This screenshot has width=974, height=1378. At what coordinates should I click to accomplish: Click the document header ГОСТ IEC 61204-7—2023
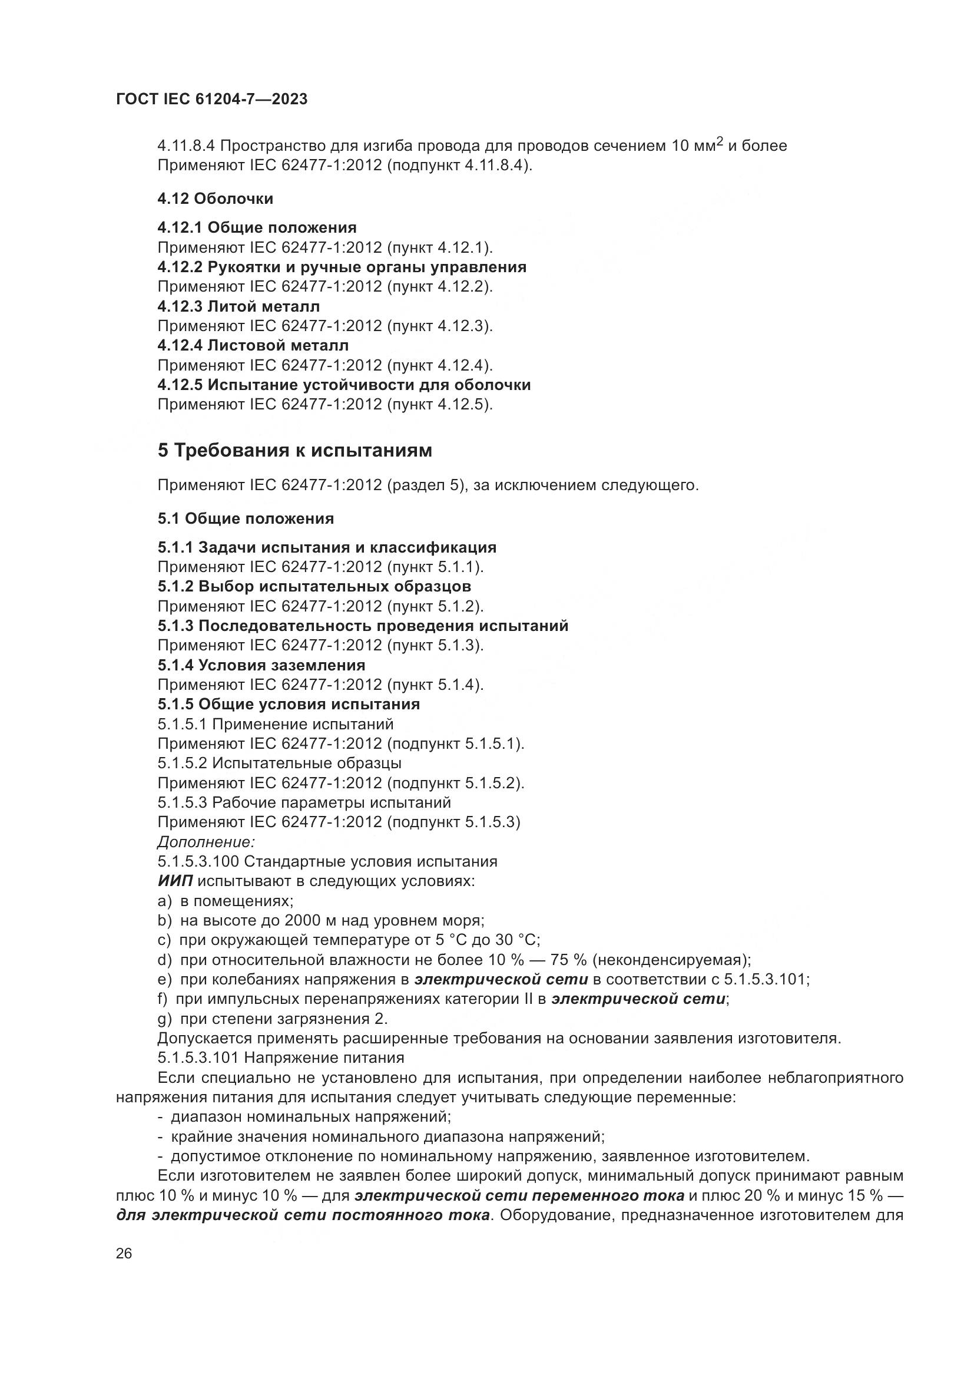[x=212, y=100]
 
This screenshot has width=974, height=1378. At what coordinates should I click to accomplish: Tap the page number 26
[x=124, y=1254]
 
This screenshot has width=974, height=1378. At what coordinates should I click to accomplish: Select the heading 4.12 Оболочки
[x=216, y=199]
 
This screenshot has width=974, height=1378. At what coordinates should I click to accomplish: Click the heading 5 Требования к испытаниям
[x=294, y=450]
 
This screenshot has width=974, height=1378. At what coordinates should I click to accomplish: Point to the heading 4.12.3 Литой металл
[x=238, y=307]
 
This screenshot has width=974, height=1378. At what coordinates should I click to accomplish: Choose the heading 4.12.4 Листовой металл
[x=253, y=346]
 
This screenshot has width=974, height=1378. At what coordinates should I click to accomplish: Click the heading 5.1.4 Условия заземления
[x=261, y=665]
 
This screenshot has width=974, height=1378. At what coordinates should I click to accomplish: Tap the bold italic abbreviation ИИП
[x=175, y=881]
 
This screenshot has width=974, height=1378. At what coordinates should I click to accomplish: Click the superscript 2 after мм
[x=720, y=141]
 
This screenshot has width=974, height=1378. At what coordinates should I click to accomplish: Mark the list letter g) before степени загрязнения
[x=164, y=1019]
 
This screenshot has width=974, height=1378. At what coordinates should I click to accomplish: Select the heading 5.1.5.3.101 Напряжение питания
[x=281, y=1058]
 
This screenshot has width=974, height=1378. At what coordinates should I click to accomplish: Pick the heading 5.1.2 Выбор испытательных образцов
[x=314, y=586]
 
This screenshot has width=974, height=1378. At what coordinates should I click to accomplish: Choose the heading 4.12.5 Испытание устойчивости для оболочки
[x=344, y=385]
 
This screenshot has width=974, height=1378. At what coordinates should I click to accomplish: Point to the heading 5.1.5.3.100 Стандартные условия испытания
[x=327, y=862]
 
